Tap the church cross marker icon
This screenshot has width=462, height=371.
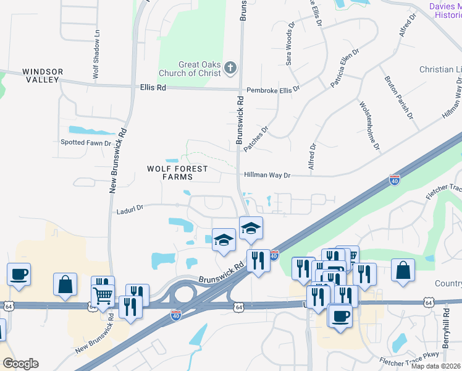230,67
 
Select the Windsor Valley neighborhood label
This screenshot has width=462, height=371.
43,76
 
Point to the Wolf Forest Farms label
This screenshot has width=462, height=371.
177,173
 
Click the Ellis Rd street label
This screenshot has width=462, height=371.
153,88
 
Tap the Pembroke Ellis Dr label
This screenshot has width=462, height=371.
272,90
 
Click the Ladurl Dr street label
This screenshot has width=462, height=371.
130,211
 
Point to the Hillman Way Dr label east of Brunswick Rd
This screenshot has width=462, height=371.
267,176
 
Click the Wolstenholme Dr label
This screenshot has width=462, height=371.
369,127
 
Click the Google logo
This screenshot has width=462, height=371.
20,364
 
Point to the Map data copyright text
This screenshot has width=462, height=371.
435,366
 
